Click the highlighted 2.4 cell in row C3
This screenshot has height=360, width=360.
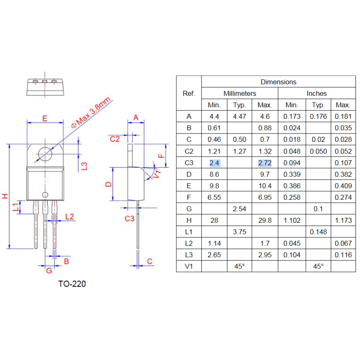(x=214, y=162)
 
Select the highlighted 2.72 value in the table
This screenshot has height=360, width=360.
(x=265, y=162)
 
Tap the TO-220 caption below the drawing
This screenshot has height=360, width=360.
(x=72, y=284)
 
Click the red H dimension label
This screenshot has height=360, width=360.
(x=4, y=196)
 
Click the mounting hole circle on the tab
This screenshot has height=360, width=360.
(x=45, y=154)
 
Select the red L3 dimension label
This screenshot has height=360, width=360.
(x=84, y=166)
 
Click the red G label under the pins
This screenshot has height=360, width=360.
(x=49, y=270)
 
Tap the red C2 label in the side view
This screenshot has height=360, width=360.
(x=115, y=139)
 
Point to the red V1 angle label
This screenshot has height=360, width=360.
(x=156, y=175)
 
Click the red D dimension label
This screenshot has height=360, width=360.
(x=108, y=184)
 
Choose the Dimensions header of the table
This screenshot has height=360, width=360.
(x=279, y=82)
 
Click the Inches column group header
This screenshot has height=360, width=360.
(x=317, y=94)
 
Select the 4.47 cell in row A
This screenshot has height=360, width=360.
(x=239, y=116)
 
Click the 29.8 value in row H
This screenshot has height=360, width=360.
(x=265, y=220)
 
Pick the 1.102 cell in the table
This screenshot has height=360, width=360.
(x=292, y=220)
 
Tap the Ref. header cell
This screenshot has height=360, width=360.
(x=189, y=94)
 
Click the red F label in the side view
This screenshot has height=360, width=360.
(x=162, y=156)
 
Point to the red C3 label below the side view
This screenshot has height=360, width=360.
(x=130, y=219)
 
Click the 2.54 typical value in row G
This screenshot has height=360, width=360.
(x=239, y=209)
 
